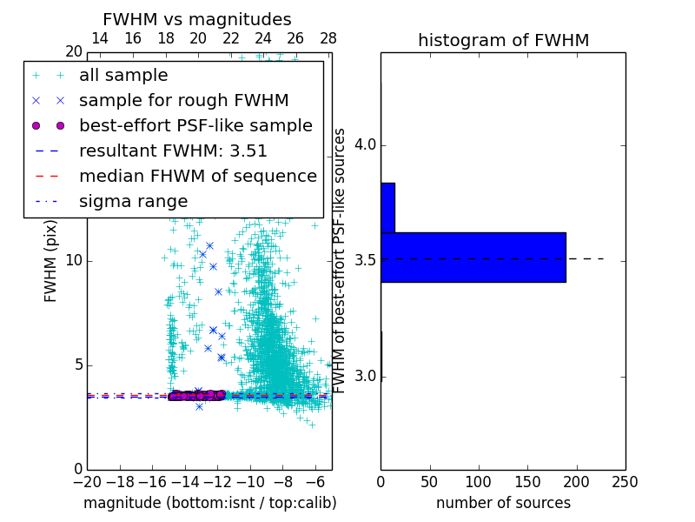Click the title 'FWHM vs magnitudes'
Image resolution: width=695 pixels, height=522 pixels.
[x=197, y=19]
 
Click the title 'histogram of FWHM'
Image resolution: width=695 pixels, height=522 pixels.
[x=503, y=40]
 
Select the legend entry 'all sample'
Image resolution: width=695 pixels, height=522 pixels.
[x=123, y=76]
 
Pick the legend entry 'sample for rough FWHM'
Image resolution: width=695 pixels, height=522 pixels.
[x=183, y=100]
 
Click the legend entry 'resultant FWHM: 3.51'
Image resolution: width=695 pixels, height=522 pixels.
[x=173, y=151]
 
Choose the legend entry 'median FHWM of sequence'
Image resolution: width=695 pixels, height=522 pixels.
[x=197, y=176]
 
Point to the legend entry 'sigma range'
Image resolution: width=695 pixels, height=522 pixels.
[x=133, y=202]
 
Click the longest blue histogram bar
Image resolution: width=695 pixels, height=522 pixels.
[x=473, y=258]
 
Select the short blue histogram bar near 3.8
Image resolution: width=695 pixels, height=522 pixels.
[x=387, y=208]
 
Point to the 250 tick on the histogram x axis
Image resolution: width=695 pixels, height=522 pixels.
[x=625, y=482]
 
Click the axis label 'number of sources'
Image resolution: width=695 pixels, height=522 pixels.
[x=503, y=503]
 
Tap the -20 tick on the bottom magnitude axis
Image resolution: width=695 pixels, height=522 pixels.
[x=87, y=482]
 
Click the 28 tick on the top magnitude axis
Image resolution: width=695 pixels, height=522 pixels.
[x=328, y=38]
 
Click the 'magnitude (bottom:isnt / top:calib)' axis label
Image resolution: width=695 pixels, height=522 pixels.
[x=209, y=503]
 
